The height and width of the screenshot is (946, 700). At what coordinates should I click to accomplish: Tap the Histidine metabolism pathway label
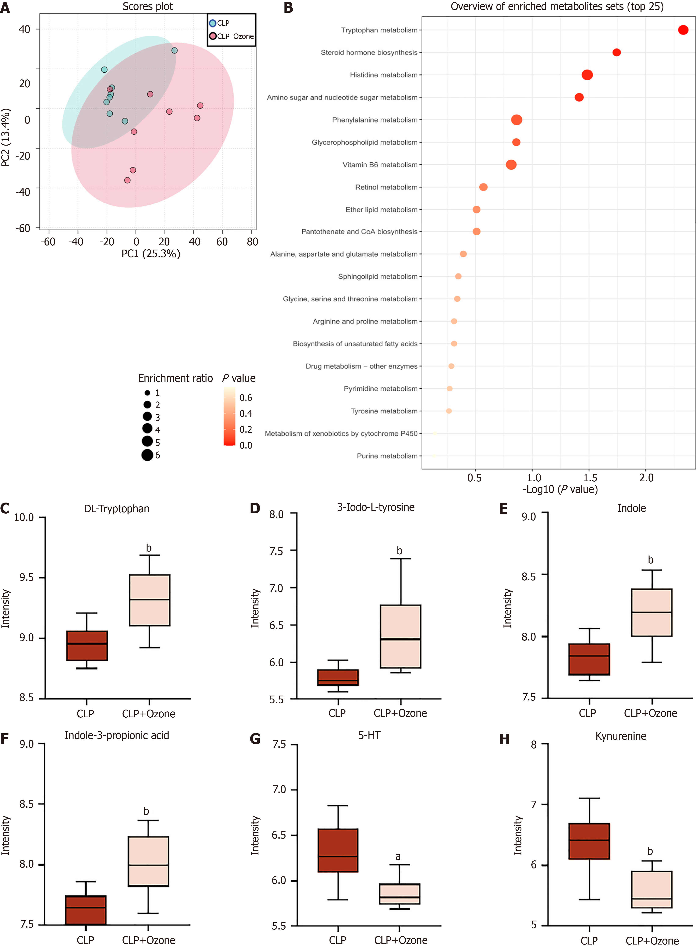click(384, 75)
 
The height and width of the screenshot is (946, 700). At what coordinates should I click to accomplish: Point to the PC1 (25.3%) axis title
click(151, 254)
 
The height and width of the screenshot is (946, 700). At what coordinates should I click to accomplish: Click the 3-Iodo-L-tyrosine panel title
click(376, 507)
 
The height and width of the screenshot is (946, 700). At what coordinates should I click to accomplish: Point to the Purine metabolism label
click(387, 456)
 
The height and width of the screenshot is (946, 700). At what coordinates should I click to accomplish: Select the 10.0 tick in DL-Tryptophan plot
click(24, 518)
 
